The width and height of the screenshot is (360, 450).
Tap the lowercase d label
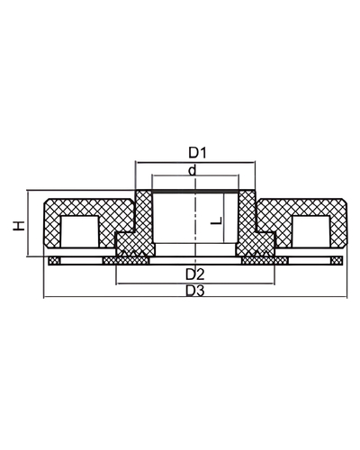193,170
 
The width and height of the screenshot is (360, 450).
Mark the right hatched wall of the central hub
247,220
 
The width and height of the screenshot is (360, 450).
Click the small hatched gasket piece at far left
56,261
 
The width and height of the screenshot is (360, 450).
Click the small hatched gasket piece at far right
335,261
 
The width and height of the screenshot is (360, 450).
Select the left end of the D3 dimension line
43,295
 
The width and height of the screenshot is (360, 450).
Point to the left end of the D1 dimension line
135,161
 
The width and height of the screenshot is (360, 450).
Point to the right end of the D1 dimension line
255,161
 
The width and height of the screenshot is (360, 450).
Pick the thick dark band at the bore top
194,192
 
